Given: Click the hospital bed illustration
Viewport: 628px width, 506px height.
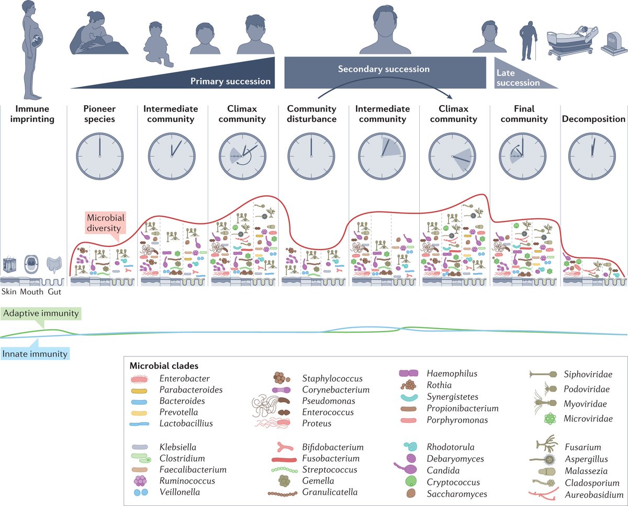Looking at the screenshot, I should [570, 42].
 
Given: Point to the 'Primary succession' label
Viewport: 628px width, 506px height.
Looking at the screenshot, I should [230, 81].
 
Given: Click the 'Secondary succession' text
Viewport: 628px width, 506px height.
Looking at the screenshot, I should [384, 69].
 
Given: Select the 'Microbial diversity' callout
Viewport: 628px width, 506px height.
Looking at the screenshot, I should [104, 222].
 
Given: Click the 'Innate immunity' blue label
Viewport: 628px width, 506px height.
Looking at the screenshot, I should [35, 354].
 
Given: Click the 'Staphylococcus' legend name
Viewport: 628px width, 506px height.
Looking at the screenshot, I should [332, 378].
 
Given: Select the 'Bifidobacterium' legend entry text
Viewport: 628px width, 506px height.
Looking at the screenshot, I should [332, 447].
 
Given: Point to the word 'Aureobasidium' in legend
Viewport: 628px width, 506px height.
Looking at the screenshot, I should [593, 494].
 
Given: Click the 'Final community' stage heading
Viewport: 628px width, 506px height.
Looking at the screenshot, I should [524, 114].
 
